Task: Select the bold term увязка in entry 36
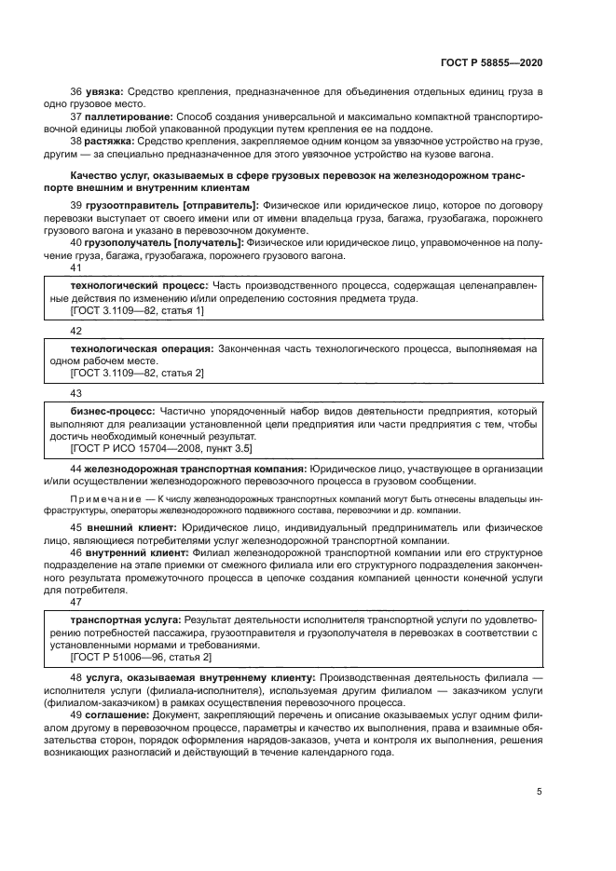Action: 104,93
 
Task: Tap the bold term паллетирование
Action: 122,117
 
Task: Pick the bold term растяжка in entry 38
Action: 110,142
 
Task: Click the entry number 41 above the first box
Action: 76,268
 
